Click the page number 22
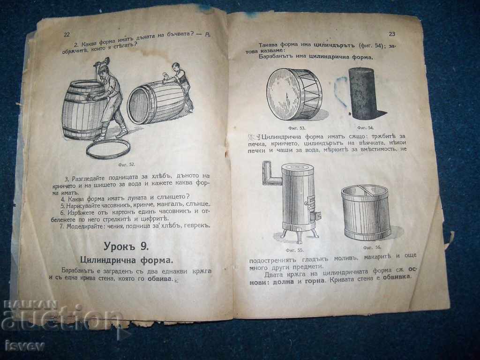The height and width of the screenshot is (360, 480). click(67, 35)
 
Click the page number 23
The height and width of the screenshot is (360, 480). click(392, 33)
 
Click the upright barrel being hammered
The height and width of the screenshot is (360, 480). click(82, 110)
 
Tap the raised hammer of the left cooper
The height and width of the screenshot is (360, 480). click(104, 62)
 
